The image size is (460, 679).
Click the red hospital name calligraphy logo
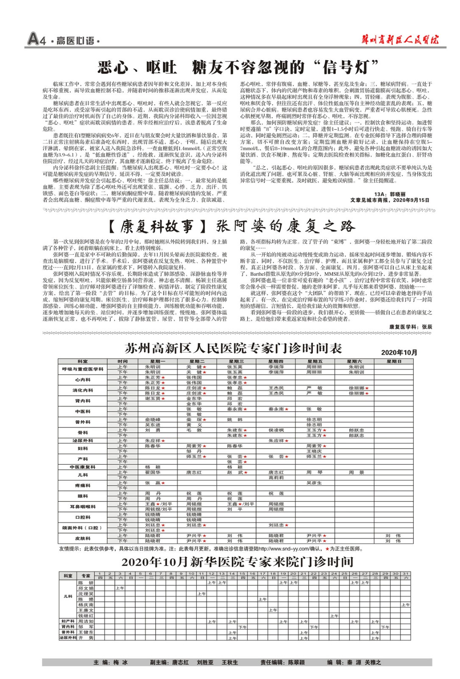400,40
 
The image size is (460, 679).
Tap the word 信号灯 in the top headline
350,67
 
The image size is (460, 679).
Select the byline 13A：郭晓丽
390,194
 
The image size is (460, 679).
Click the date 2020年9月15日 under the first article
411,200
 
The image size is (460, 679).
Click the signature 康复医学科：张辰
410,327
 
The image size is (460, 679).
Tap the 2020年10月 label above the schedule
399,352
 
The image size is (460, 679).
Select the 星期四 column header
275,361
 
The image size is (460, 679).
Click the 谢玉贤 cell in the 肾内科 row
153,398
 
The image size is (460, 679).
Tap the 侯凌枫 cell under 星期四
276,430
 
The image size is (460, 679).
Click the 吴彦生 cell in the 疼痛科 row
314,483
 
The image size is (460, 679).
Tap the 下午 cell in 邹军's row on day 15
242,627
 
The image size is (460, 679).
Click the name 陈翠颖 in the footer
296,662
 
